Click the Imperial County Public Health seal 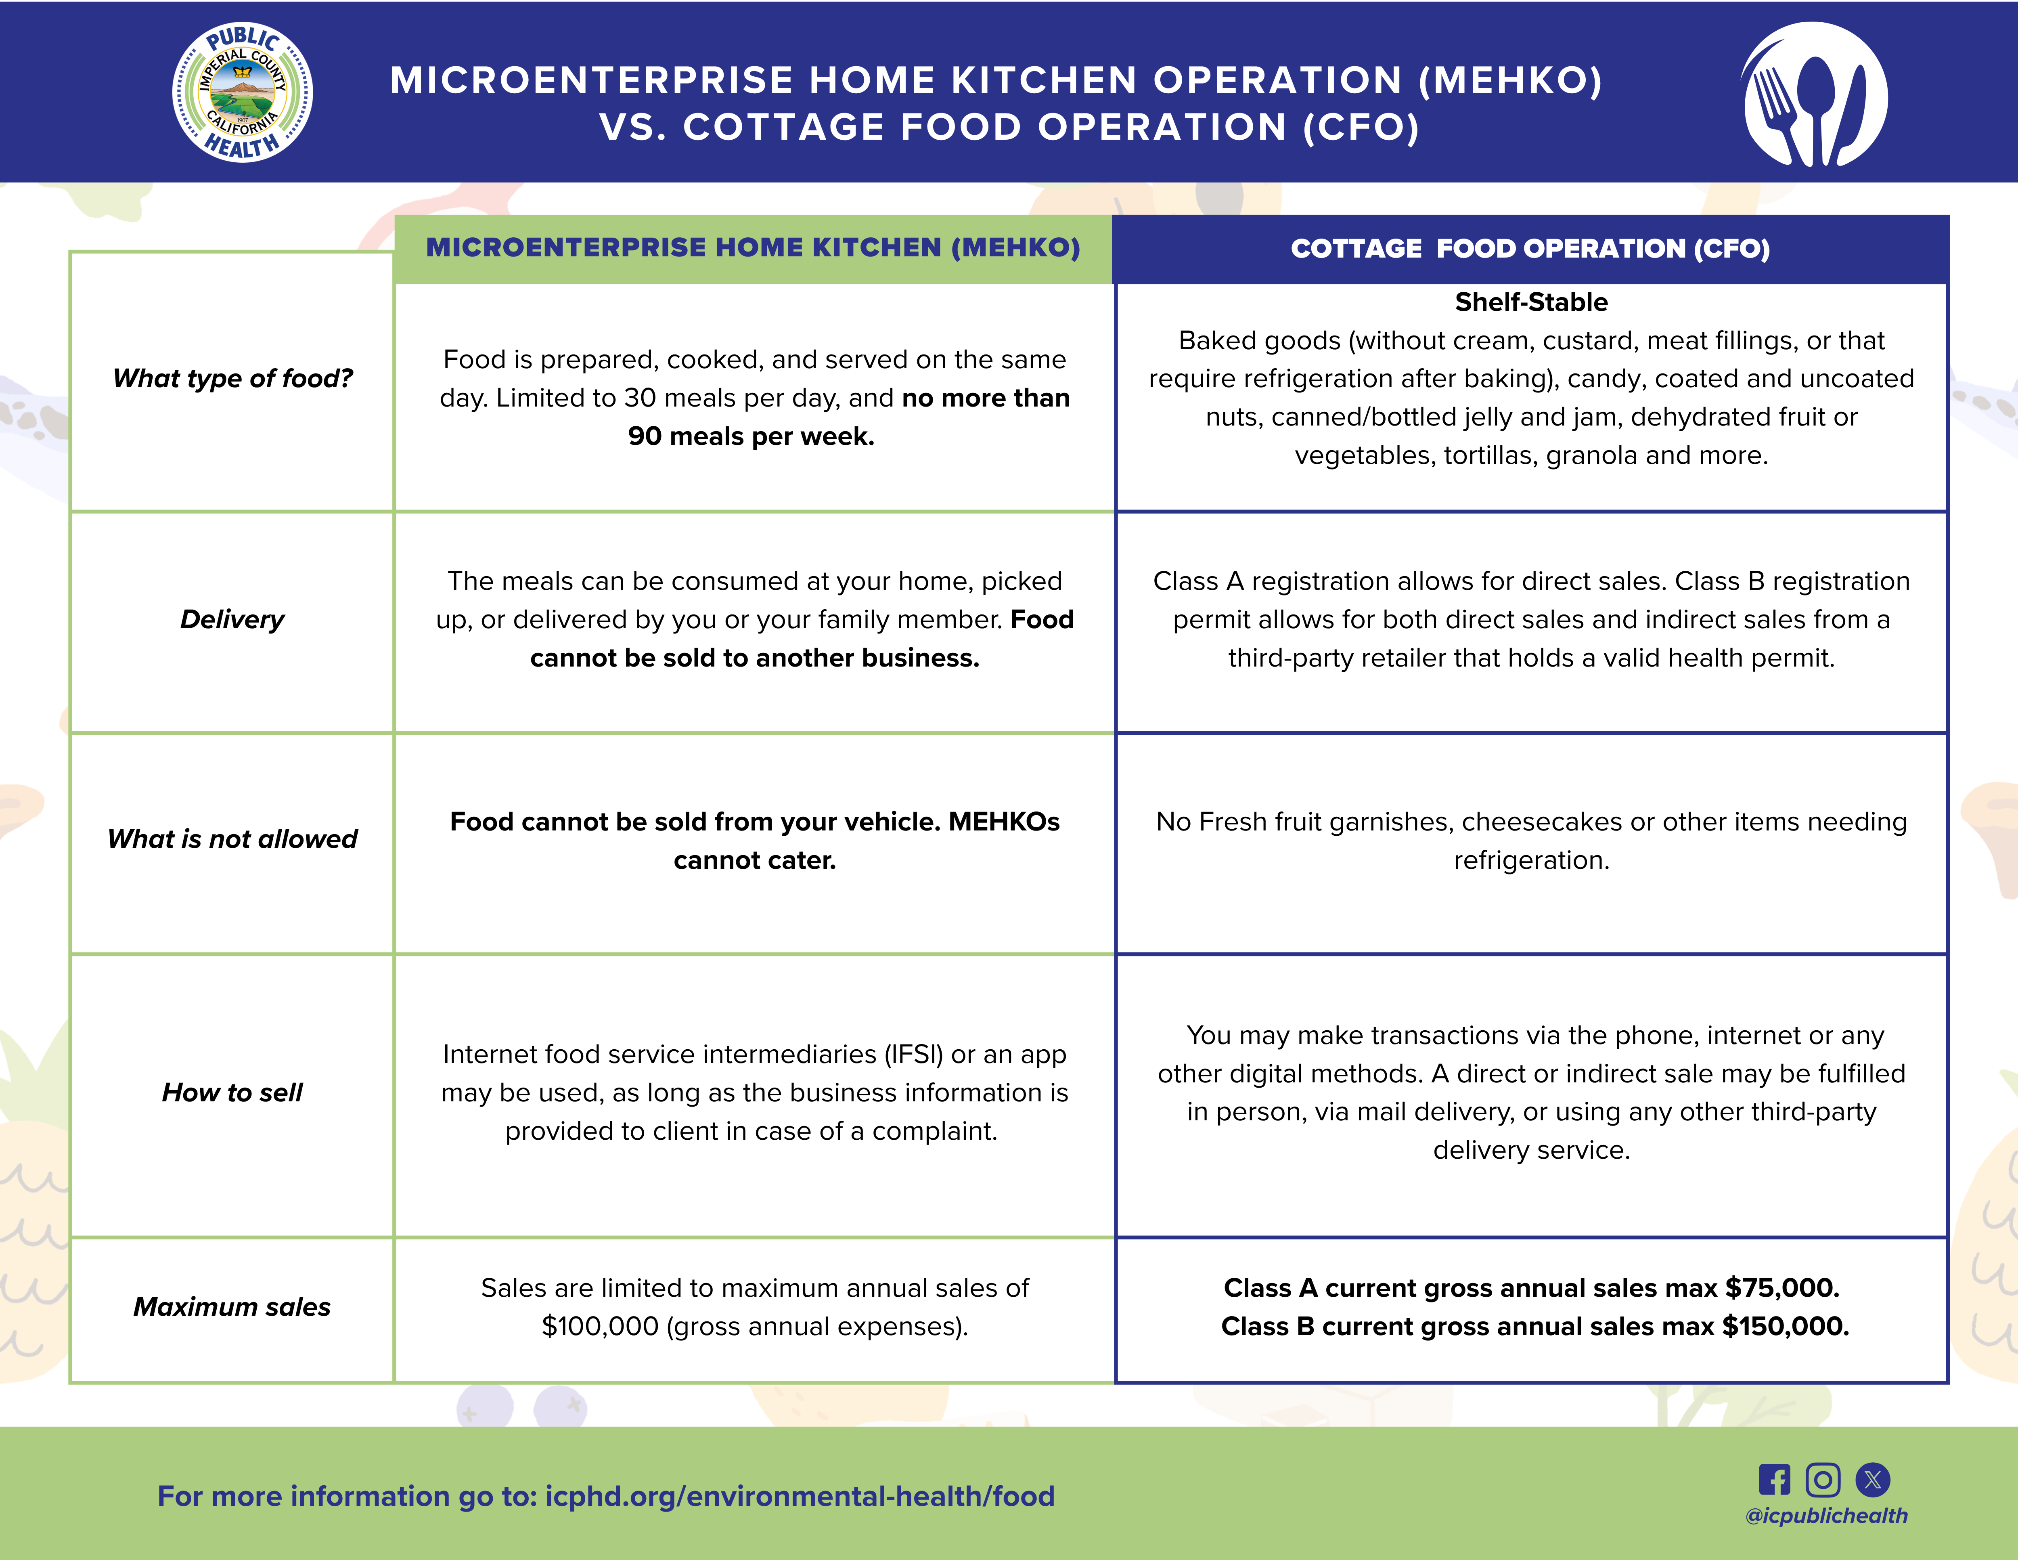pos(242,92)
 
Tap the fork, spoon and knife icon pos(1815,94)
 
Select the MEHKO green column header pos(753,247)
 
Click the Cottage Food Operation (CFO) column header pos(1530,249)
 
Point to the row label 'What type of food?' pos(233,378)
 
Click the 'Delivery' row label pos(233,619)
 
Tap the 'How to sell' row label pos(233,1092)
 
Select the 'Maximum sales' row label pos(233,1307)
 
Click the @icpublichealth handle pos(1826,1516)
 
